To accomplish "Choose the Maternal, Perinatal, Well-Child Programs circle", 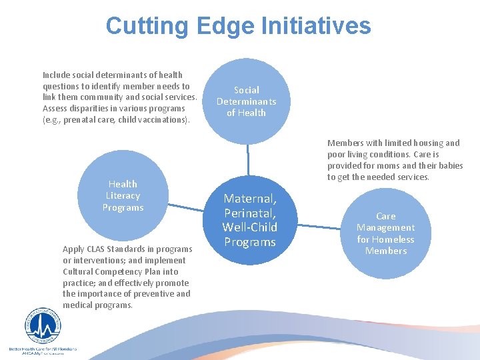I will pyautogui.click(x=249, y=220).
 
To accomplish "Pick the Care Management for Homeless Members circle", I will pyautogui.click(x=385, y=233).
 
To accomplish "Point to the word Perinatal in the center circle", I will pyautogui.click(x=249, y=213).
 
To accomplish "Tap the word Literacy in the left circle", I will pyautogui.click(x=123, y=196).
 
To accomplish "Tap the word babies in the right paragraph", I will pyautogui.click(x=449, y=165).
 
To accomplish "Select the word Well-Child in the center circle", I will pyautogui.click(x=249, y=228).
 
